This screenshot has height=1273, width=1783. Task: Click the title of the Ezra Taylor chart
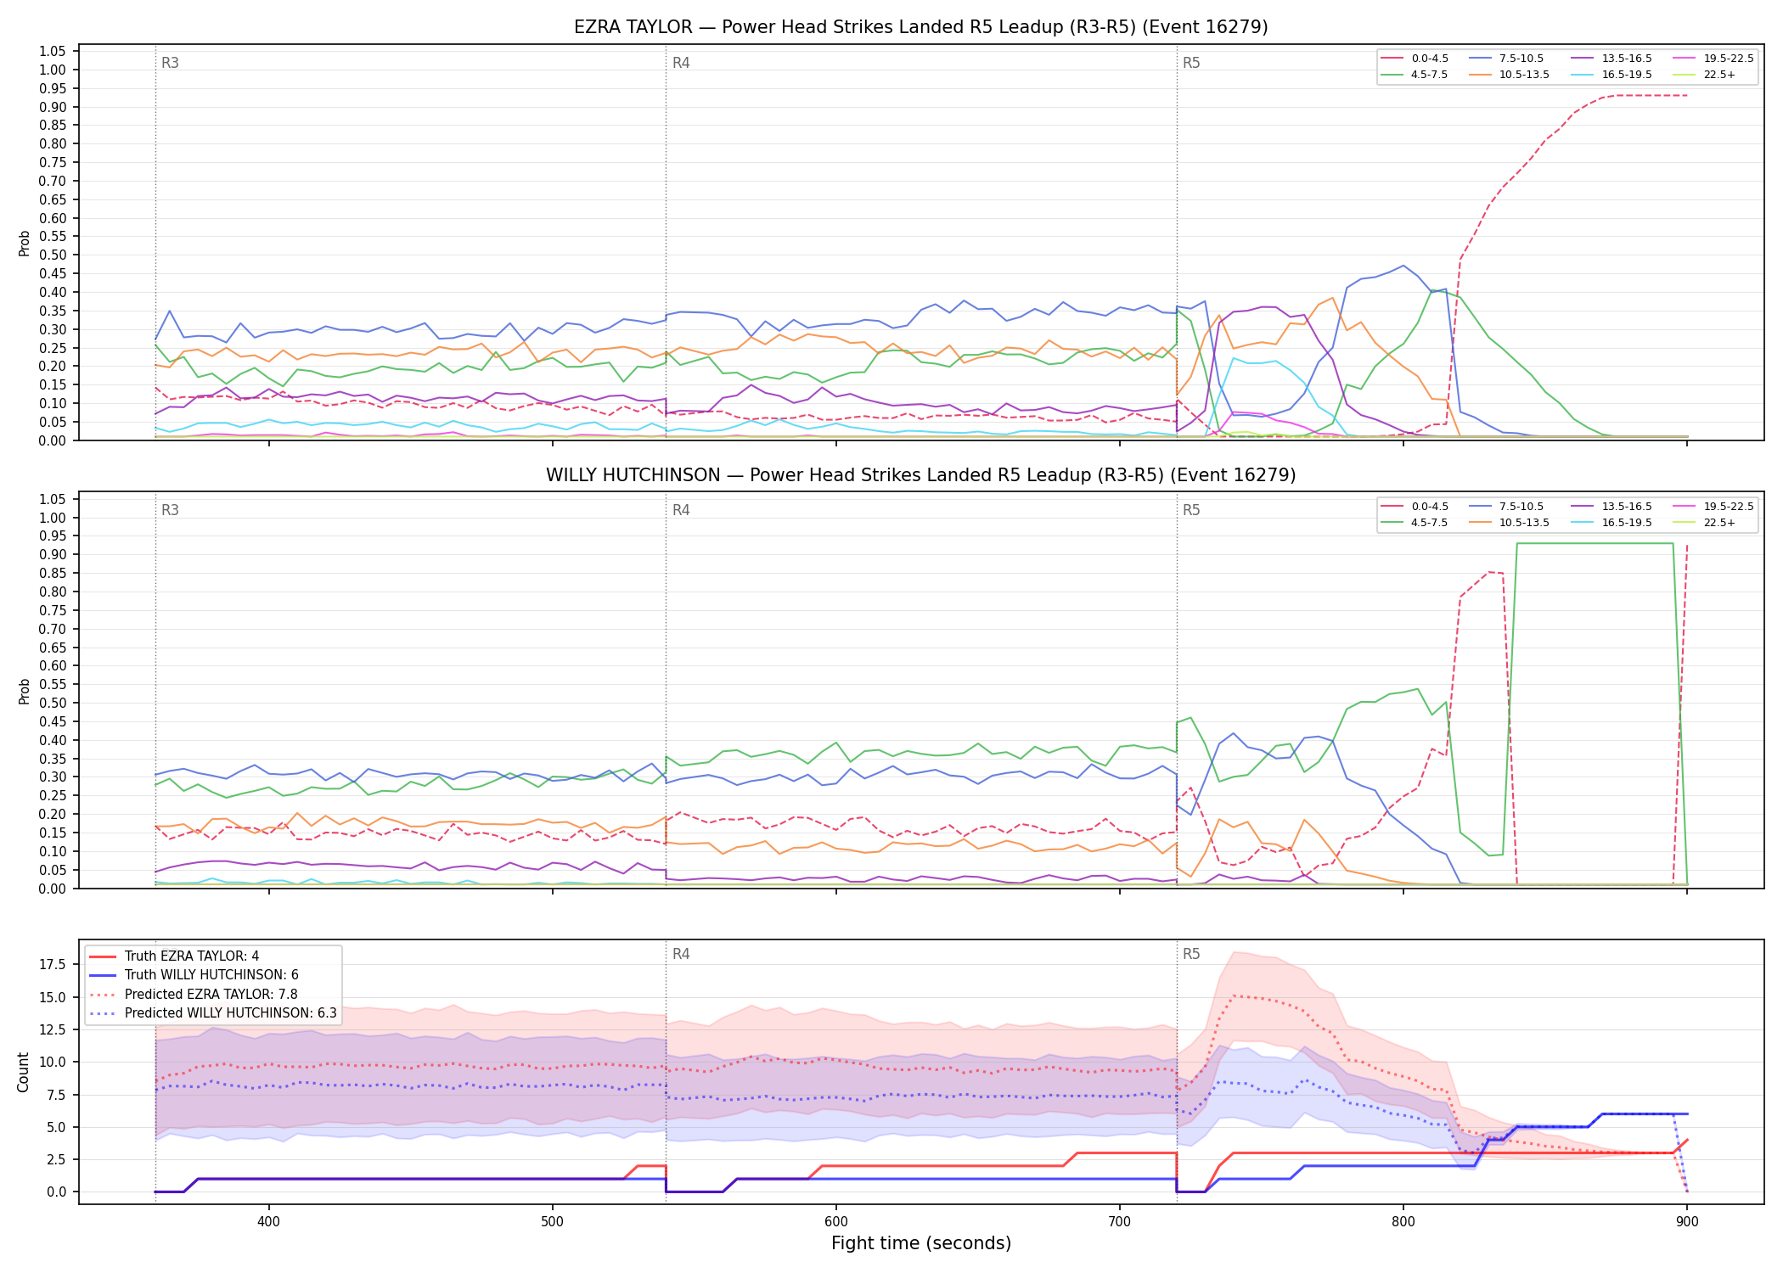[x=920, y=27]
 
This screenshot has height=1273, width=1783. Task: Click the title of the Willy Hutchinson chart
[x=920, y=475]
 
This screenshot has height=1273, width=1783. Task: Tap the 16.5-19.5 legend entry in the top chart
[x=1611, y=75]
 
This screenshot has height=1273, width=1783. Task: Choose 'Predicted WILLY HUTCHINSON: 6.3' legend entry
[x=212, y=1013]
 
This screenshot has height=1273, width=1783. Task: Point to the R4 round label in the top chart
[x=681, y=63]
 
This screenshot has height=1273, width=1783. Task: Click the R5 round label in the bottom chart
[x=1191, y=954]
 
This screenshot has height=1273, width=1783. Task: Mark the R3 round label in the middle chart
[x=170, y=510]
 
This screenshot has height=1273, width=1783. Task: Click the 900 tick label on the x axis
[x=1687, y=1221]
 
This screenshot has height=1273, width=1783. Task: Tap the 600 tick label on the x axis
[x=836, y=1221]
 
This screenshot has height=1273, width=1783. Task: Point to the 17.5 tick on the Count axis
[x=53, y=965]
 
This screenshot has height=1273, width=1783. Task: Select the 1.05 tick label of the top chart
[x=53, y=52]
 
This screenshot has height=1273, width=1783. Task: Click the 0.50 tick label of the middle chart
[x=53, y=703]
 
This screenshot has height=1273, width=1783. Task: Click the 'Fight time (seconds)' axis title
[x=921, y=1243]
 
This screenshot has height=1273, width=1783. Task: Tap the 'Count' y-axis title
[x=23, y=1072]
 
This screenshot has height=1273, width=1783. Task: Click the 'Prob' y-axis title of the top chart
[x=24, y=243]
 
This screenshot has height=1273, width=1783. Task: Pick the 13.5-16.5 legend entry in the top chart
[x=1611, y=59]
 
